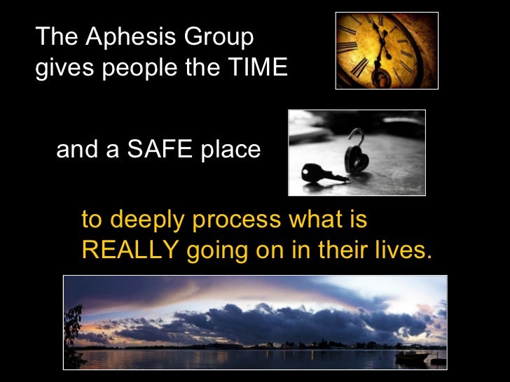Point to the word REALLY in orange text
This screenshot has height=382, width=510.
[x=129, y=250]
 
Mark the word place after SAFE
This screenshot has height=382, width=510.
[x=228, y=150]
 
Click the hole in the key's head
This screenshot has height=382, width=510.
[x=309, y=172]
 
